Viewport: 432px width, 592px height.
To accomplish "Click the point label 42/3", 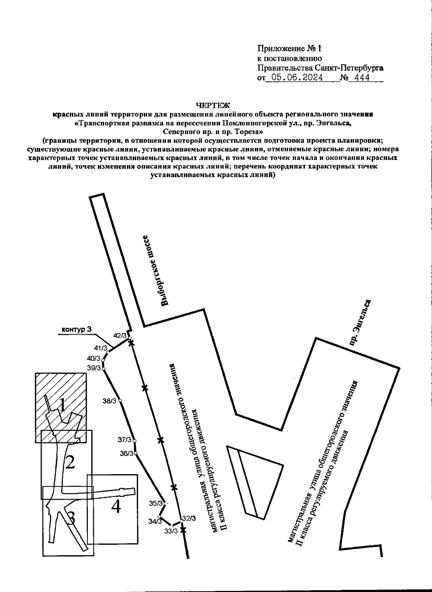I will pos(120,336).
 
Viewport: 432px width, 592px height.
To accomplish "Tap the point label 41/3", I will pos(101,348).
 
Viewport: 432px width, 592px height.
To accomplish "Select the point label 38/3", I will pos(109,401).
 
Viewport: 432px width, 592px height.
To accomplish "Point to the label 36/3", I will pos(127,454).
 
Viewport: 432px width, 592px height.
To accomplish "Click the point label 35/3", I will pos(156,503).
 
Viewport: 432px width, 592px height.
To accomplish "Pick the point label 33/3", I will pos(171,531).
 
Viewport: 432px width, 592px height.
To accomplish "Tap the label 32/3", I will pos(189,518).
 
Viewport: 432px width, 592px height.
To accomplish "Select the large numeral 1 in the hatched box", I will pos(62,406).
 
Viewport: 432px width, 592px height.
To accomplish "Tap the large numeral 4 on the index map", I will pos(116,507).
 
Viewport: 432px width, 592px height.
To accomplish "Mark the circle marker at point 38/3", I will pos(120,401).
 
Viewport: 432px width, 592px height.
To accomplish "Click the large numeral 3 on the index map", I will pos(71,518).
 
